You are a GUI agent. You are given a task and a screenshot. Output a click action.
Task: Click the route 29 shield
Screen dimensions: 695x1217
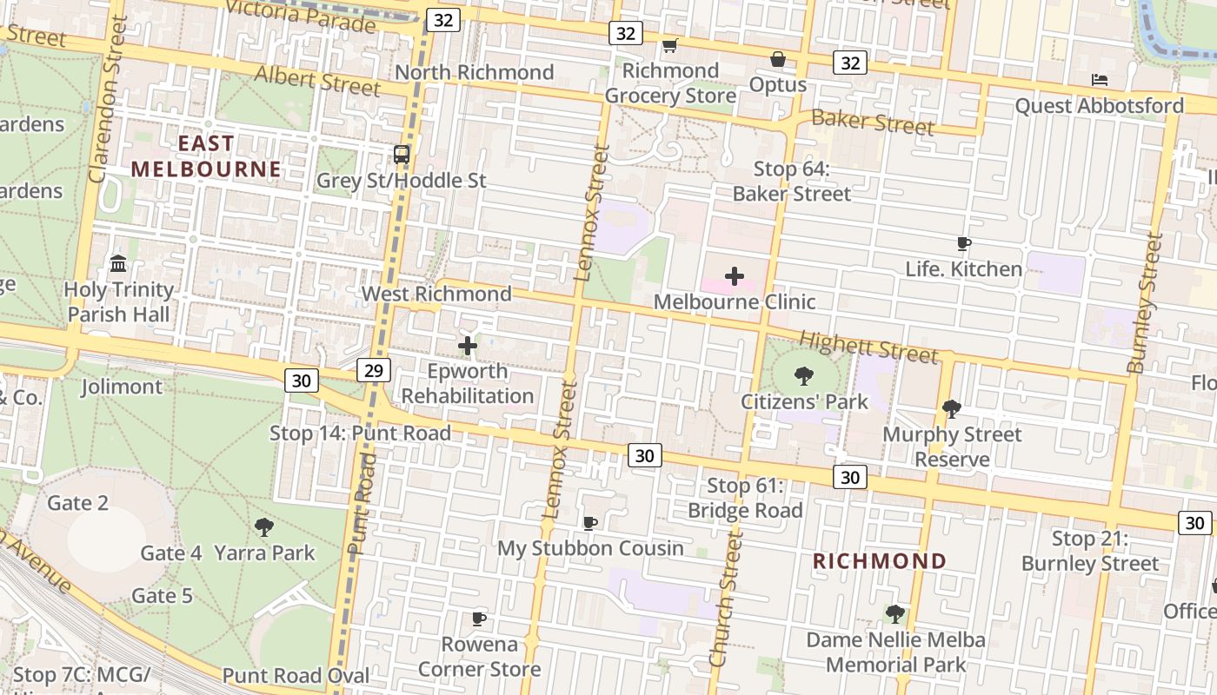[x=373, y=371]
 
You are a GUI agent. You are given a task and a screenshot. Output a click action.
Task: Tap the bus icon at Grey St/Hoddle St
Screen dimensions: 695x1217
[x=401, y=155]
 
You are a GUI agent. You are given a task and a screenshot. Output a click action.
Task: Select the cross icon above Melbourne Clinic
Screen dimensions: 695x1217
[x=735, y=276]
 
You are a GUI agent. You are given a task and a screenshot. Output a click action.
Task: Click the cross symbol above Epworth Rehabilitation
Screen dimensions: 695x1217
[x=468, y=346]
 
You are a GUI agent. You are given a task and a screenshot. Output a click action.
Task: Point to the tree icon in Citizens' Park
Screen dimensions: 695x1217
[x=804, y=376]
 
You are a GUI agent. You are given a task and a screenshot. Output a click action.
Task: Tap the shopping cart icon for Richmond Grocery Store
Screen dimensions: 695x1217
[x=669, y=45]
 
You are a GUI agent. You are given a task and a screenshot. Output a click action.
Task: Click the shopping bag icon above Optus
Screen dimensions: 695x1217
[x=778, y=59]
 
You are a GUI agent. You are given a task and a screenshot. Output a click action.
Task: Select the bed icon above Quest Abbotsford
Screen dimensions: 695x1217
[x=1100, y=80]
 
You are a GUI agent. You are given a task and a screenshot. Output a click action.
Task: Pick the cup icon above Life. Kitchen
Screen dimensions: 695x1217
[x=963, y=244]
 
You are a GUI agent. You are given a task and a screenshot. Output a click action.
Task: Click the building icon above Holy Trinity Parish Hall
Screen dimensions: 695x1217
[x=118, y=263]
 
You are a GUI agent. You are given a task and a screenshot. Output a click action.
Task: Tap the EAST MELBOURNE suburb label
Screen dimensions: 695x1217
[x=206, y=156]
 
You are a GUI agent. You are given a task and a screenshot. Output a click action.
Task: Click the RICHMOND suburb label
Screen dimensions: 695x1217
[x=879, y=561]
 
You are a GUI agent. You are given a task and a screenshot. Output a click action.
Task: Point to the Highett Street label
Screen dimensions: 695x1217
[x=868, y=347]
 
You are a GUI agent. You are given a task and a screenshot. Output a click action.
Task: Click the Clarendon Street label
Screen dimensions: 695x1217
[x=108, y=99]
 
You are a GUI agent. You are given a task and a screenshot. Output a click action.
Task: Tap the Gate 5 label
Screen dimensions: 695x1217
[x=162, y=595]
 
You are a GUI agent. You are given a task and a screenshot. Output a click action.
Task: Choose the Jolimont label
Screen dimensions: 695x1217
[x=122, y=387]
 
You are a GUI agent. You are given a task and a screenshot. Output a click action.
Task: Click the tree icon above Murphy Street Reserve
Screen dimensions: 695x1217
[x=952, y=407]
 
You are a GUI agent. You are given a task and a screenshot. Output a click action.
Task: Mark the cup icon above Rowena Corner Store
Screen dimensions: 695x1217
[x=478, y=619]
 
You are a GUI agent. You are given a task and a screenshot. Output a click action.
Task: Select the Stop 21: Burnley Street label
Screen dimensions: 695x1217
[x=1090, y=552]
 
